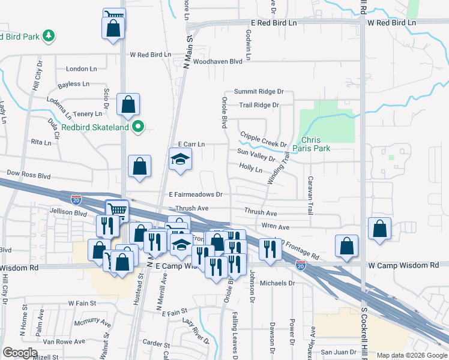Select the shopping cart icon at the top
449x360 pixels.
click(113, 15)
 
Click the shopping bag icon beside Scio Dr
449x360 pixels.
click(128, 105)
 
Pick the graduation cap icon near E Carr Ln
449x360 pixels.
click(180, 160)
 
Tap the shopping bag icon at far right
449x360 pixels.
click(379, 229)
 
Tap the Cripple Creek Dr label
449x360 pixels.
click(263, 140)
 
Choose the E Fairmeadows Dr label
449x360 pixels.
click(196, 194)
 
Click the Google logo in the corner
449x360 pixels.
click(20, 353)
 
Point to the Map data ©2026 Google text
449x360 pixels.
click(412, 355)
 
